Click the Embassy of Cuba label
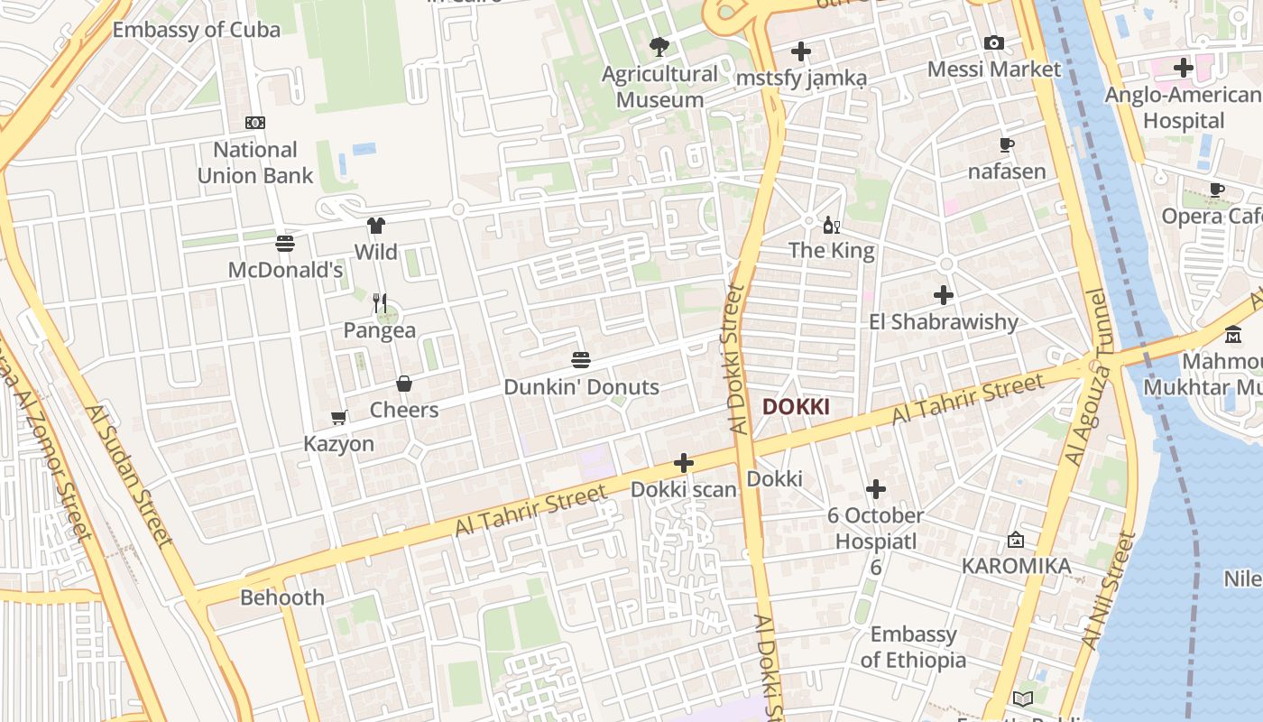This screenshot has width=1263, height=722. point(196,30)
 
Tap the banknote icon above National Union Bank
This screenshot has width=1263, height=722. point(255,123)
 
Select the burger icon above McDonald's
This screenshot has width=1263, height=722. point(285,243)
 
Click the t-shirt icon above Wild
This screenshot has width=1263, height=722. point(375,226)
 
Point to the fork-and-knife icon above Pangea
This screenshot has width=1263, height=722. point(380,302)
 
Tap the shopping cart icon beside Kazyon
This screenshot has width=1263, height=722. point(339,417)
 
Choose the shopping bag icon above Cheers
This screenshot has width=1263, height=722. point(404,384)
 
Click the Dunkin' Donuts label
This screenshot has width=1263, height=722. point(581,387)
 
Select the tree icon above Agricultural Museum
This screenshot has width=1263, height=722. point(659,46)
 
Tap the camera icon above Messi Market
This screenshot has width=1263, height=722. point(994,42)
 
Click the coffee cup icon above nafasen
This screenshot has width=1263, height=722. point(1007,144)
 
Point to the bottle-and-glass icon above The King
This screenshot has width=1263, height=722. point(831,224)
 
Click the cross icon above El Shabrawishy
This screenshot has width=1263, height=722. point(944,295)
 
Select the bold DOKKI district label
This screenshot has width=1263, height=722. point(796,407)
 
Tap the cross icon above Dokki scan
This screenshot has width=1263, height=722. point(684,464)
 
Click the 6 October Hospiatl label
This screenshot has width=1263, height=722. point(876,528)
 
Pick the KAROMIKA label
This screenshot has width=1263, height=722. point(1016,566)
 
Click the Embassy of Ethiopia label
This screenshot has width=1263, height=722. point(913,647)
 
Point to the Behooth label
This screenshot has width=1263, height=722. point(282,597)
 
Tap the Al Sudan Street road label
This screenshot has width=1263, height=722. point(129,476)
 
